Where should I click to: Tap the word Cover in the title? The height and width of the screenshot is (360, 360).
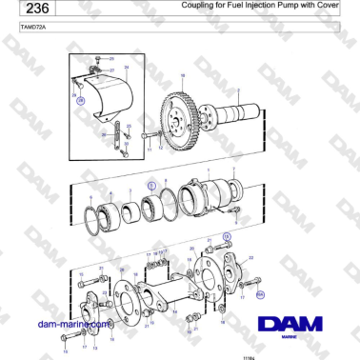328,5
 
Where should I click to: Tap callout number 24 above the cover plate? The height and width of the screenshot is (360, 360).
125,67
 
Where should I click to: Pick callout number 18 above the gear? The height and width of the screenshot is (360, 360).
182,74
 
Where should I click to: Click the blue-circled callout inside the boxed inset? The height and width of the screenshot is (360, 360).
81,100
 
